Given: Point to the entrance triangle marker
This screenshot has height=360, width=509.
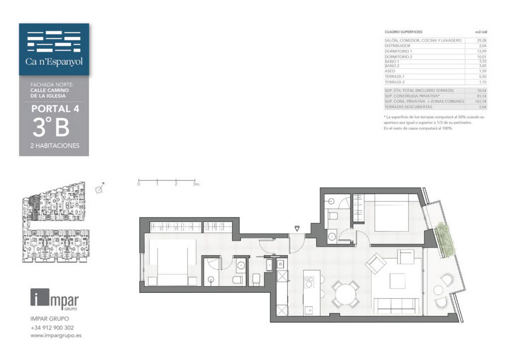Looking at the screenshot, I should tap(297, 229).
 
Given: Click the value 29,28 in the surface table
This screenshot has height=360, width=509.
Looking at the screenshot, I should tap(481, 40).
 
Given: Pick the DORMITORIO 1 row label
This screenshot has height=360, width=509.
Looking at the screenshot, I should tap(399, 51).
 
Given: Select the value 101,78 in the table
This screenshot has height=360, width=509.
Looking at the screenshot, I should tap(480, 101).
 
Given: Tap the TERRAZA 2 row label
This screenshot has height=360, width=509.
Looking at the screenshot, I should tap(396, 82).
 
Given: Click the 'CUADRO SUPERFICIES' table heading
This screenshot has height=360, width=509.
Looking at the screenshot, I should tap(404, 32).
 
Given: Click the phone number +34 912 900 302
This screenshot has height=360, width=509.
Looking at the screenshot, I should tap(52, 328).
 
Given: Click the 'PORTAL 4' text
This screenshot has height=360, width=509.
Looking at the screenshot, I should tap(55, 109).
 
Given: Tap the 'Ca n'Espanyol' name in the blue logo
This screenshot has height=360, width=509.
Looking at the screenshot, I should tap(54, 62).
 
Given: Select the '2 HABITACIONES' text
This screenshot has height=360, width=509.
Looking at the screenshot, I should tap(55, 146).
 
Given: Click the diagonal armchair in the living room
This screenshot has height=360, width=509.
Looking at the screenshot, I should tap(375, 263).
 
